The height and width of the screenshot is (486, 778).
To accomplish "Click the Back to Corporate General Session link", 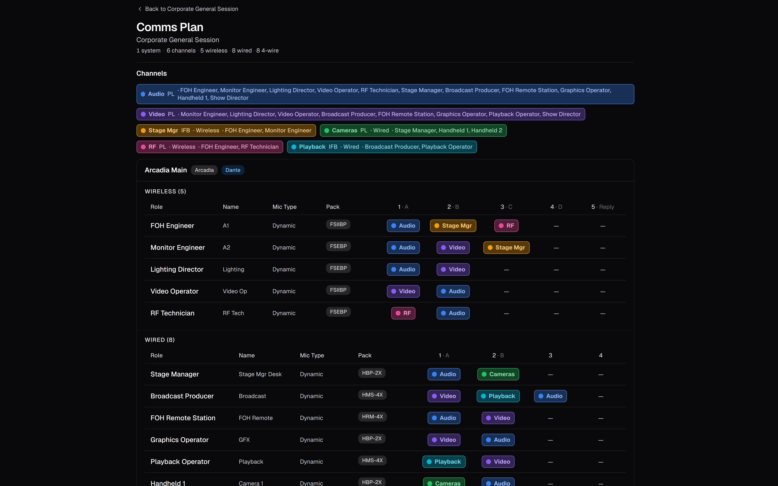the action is (188, 9).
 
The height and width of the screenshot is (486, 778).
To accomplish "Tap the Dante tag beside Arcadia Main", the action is (233, 170).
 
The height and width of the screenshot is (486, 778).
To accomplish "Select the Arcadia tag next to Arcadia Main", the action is (204, 170).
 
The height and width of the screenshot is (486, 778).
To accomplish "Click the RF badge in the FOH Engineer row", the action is (506, 226).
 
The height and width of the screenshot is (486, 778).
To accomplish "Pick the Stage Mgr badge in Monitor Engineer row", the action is (506, 248).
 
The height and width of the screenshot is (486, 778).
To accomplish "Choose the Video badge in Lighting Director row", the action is (453, 269).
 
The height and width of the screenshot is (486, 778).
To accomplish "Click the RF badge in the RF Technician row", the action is (403, 313).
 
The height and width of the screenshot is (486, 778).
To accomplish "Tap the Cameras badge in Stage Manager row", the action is (498, 374).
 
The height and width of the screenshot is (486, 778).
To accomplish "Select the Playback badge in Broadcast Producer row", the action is (498, 396).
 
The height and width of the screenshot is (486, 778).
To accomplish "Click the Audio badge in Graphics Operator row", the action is (498, 440).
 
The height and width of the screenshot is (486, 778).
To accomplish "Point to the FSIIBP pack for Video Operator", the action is (338, 290).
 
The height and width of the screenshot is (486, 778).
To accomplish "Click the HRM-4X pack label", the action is (372, 417).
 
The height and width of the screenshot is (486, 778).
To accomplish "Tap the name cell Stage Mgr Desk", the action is (260, 374).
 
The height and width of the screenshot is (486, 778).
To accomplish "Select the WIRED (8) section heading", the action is (160, 340).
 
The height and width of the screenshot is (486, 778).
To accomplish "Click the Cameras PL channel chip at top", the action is (413, 131).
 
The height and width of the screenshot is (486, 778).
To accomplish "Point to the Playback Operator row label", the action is (180, 462).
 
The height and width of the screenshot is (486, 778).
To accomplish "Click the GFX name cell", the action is (244, 440).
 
